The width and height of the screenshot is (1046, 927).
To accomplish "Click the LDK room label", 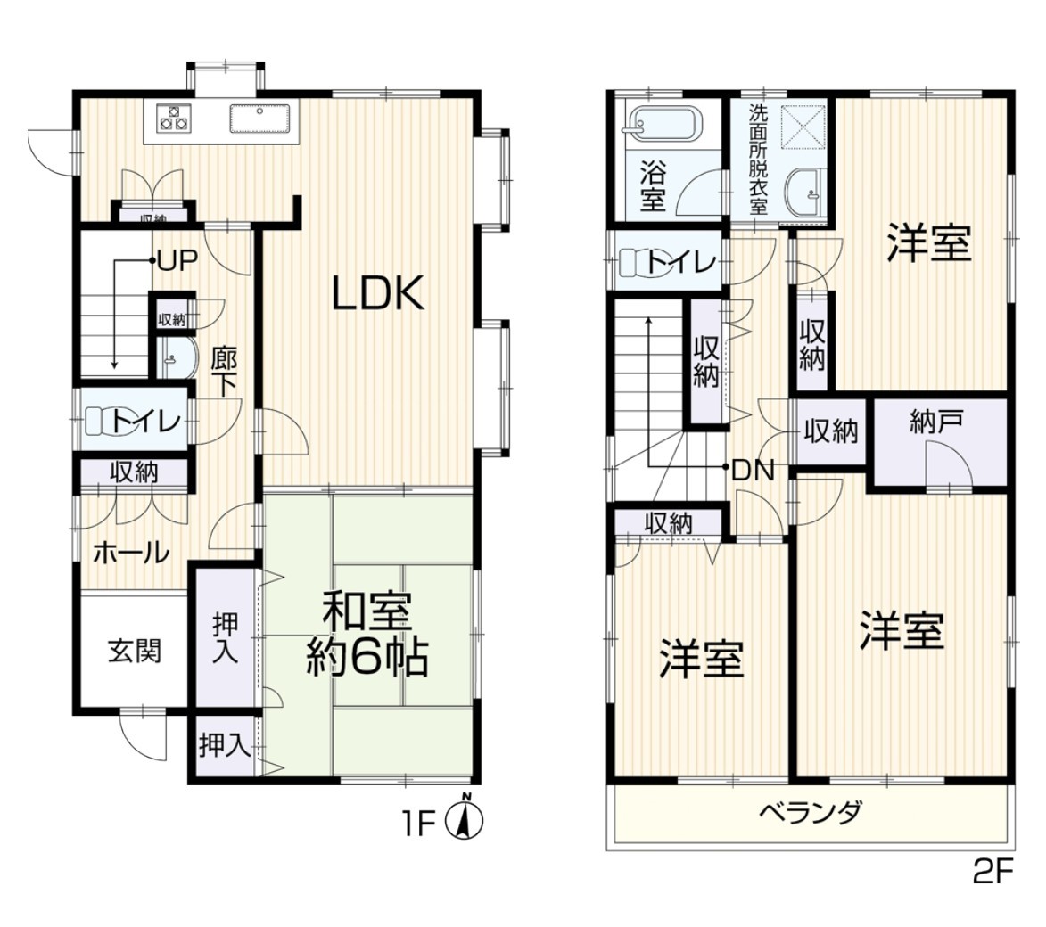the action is (379, 293).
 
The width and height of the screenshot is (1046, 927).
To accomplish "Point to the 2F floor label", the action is (993, 872).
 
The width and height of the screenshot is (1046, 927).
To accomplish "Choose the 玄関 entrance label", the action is (135, 651).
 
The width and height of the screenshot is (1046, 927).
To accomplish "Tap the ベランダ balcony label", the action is (811, 812).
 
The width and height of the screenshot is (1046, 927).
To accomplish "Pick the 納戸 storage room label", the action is (936, 422).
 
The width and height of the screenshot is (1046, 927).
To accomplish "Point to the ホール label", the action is (131, 553).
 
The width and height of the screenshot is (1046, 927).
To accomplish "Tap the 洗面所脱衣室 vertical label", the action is (758, 159).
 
